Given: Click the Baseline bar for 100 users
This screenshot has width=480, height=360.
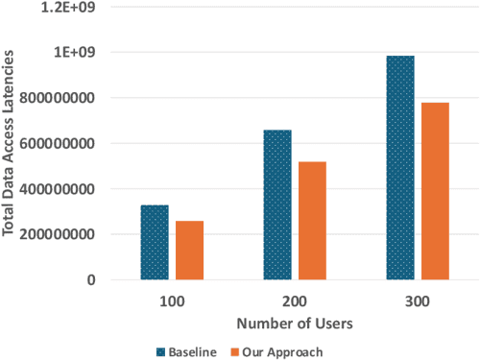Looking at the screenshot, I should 154,242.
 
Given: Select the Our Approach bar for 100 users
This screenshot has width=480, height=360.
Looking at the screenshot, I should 189,250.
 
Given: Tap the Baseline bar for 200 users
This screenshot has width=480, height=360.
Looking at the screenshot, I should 277,204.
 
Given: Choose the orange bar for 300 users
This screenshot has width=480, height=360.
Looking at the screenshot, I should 435,190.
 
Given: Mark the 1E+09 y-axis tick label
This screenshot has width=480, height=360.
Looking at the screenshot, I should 82,52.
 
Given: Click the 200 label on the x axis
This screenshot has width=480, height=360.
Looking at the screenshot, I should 295,300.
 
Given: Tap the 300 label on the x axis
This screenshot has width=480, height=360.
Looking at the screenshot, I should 418,300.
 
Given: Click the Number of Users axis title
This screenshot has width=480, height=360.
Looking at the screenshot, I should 294,324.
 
